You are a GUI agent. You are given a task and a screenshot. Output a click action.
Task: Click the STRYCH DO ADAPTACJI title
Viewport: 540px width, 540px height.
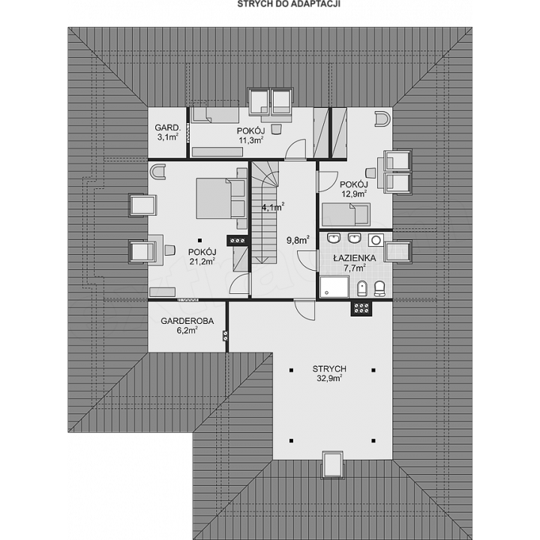click(x=289, y=4)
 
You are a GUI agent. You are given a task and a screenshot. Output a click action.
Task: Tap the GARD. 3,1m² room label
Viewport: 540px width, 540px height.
click(x=168, y=132)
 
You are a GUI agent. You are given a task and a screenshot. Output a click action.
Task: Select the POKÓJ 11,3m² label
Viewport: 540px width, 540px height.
click(x=250, y=135)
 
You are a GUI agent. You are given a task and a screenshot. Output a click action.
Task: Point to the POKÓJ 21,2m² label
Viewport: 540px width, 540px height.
click(x=202, y=256)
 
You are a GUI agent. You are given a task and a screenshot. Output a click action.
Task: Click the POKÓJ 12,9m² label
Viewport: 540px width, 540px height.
click(x=354, y=189)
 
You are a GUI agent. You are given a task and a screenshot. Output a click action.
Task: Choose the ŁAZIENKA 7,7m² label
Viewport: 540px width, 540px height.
click(x=354, y=262)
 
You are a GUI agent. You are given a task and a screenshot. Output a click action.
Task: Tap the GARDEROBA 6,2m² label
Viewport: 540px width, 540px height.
click(x=187, y=325)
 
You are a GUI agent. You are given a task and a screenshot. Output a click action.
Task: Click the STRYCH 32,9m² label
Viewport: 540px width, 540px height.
click(x=329, y=373)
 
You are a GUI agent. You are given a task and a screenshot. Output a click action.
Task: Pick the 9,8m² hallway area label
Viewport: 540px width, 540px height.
click(x=298, y=240)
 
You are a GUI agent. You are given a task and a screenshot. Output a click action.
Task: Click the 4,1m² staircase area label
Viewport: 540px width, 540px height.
click(x=273, y=207)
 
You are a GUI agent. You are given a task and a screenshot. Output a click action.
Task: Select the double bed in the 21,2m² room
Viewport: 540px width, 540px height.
click(x=221, y=198)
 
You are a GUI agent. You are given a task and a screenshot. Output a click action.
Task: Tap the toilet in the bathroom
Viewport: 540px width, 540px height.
click(x=379, y=289)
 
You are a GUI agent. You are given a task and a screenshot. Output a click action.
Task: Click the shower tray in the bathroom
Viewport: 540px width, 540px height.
click(x=334, y=286)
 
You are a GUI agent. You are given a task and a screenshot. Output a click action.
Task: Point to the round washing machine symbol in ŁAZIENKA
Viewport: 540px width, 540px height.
click(x=376, y=240)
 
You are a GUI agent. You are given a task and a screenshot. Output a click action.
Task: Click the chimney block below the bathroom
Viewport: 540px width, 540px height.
click(x=361, y=308)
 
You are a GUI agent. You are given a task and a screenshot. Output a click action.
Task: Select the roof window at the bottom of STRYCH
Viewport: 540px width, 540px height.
click(x=332, y=464)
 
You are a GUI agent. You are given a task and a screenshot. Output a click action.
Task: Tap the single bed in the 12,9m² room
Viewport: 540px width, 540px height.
click(x=346, y=214)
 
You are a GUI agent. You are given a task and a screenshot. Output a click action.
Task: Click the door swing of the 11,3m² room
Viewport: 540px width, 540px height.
click(x=295, y=149)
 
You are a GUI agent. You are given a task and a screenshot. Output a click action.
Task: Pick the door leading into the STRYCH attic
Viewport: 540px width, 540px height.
click(x=304, y=310)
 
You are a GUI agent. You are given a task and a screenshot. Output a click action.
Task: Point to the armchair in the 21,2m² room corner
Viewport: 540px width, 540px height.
click(x=157, y=172)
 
